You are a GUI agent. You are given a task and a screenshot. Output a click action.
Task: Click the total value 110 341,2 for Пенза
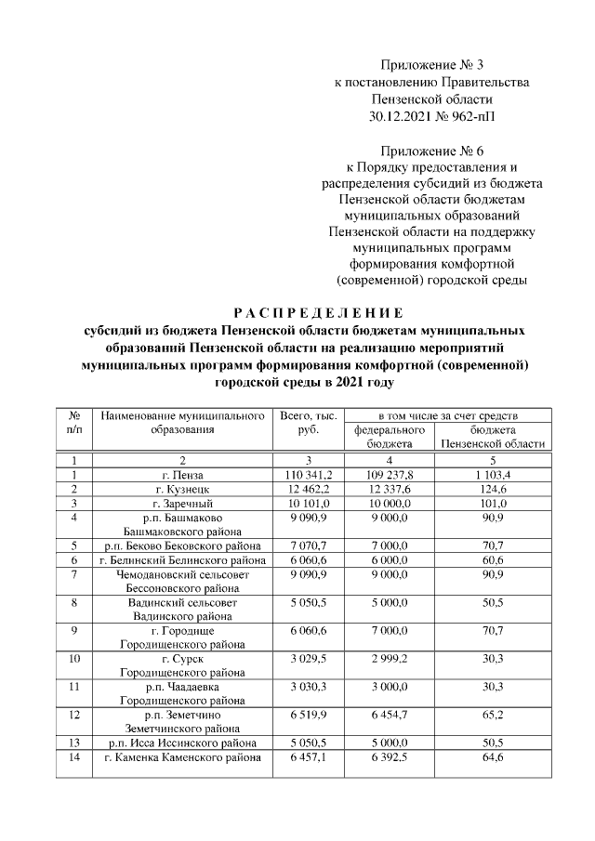point(307,476)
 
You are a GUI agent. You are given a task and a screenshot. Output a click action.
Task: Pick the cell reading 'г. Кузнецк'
point(183,490)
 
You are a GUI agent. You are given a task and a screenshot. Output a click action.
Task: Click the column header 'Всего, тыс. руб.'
point(307,423)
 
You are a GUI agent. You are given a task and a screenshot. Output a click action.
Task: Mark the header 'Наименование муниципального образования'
point(183,423)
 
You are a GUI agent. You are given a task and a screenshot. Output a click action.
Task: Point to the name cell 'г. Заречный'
point(183,504)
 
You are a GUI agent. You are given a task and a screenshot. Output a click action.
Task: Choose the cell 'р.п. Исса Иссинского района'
point(183,743)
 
